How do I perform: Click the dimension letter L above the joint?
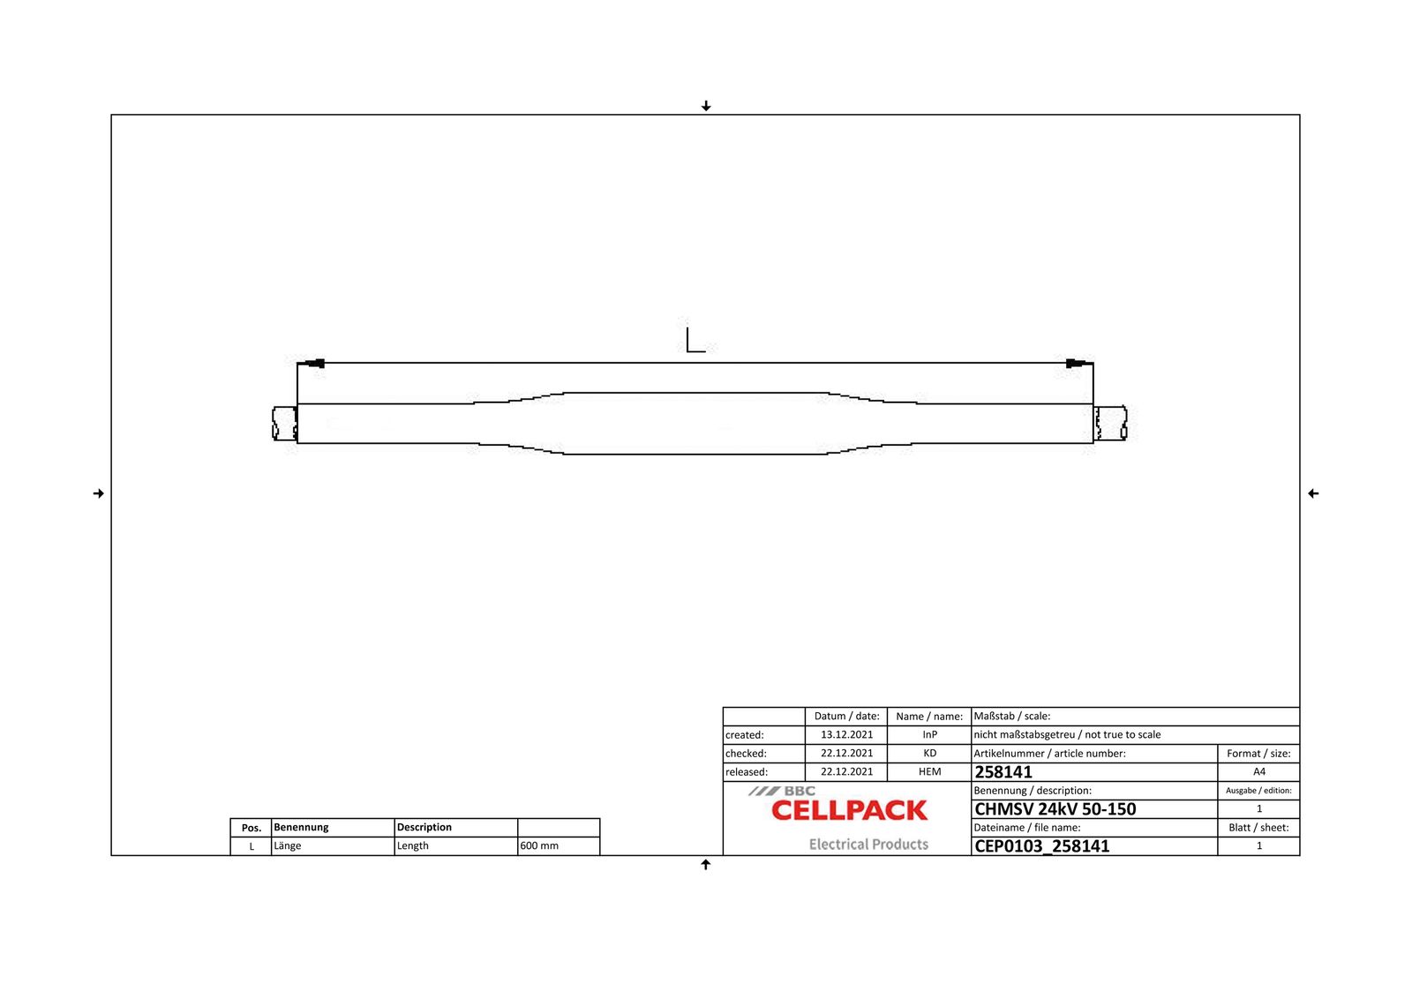(695, 340)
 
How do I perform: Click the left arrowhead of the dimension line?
(313, 364)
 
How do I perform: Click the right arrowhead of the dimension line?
(1077, 364)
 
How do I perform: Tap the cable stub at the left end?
(284, 424)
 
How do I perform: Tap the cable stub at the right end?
(1111, 424)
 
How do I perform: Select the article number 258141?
(1003, 772)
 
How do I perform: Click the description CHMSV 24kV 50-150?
(1055, 809)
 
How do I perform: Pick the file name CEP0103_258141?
(1042, 846)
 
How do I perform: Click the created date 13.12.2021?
(846, 735)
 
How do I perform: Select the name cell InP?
(929, 735)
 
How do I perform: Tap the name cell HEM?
(929, 772)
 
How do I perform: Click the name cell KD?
(929, 754)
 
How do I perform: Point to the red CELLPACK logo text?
(849, 811)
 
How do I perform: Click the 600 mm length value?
(539, 846)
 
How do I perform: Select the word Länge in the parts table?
(288, 846)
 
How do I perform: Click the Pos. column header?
(252, 828)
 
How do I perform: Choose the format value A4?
(1258, 772)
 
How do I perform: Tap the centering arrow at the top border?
(706, 106)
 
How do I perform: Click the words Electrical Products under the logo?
(868, 845)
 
